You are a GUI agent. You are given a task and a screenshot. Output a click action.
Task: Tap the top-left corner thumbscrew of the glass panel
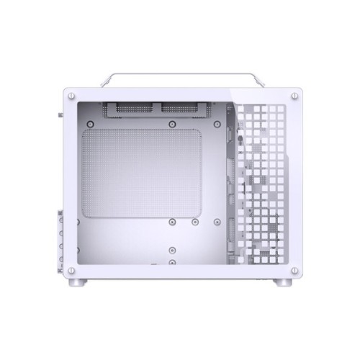[71, 95]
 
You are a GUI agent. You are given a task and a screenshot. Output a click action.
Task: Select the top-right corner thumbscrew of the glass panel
[295, 95]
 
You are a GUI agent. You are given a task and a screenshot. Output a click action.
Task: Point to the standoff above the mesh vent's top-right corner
[171, 124]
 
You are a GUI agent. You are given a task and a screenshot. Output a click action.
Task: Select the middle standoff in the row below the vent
[174, 224]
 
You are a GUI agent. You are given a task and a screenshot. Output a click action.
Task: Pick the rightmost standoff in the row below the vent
[196, 224]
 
